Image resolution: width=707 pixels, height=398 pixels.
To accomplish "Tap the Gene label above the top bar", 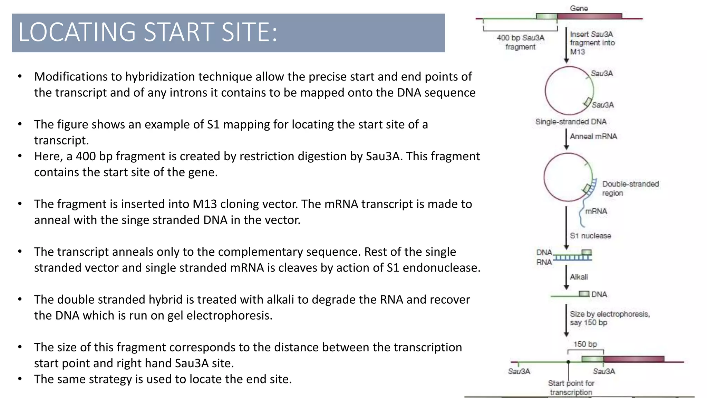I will coord(579,8).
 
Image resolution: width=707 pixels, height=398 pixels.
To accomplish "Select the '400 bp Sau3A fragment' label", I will coord(520,42).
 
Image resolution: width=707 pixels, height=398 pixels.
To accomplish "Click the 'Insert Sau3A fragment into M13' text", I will coord(592,43).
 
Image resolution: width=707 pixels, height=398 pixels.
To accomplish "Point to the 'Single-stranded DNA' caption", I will coord(571,122).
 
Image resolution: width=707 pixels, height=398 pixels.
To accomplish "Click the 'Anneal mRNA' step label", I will coord(593,136).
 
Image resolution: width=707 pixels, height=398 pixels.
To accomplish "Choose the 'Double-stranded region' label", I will coord(630,188).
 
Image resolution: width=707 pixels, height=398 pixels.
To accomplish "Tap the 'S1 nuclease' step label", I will coord(590,236).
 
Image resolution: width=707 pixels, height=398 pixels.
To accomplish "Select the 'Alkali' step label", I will coord(579,277).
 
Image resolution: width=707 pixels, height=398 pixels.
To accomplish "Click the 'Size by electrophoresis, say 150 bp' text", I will coord(609,318).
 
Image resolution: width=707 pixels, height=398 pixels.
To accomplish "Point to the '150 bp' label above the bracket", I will coord(585,344).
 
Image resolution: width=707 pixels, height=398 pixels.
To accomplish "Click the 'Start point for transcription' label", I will coord(571,388).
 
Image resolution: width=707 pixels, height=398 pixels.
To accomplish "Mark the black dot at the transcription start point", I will coord(568,362).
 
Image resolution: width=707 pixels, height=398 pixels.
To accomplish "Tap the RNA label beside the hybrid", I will coord(544,262).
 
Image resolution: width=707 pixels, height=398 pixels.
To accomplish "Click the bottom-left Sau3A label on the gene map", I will coord(519,371).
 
